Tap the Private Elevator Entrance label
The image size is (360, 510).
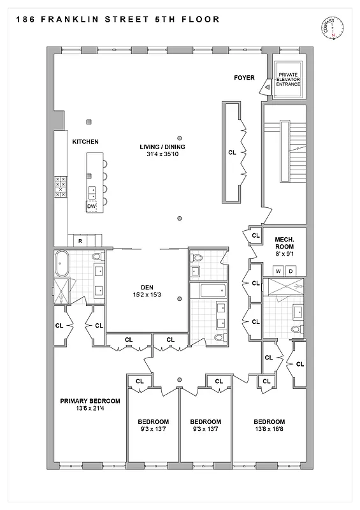click(289, 80)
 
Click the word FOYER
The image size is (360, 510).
click(244, 78)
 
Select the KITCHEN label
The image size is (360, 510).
click(85, 142)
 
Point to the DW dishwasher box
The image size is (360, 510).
click(91, 207)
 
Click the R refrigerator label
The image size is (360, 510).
click(80, 241)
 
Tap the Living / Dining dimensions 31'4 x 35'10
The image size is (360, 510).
click(162, 155)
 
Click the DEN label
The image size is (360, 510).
click(147, 287)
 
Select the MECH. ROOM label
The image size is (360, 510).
click(284, 242)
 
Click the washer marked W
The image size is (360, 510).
click(277, 271)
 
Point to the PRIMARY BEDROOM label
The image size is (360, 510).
click(90, 401)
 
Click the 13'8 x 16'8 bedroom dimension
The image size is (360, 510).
click(269, 430)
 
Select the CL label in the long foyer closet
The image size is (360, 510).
click(231, 153)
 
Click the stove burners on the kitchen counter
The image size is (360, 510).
click(61, 186)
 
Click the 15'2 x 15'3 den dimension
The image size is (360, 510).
click(147, 295)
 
